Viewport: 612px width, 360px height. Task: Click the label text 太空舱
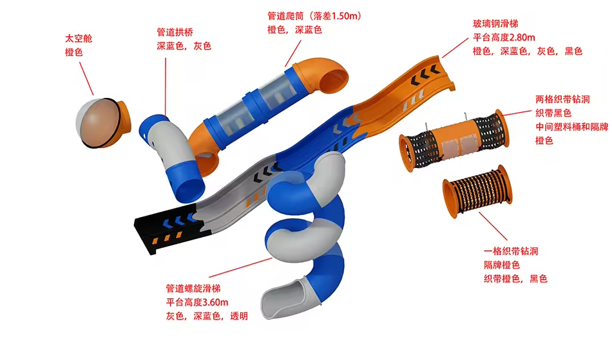pos(79,38)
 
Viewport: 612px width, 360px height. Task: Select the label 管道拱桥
pos(175,32)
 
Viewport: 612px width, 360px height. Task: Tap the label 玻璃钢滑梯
pos(495,24)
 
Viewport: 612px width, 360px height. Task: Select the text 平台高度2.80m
pos(504,37)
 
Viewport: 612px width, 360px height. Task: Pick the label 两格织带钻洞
pos(562,99)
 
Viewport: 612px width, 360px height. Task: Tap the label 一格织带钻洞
pos(511,251)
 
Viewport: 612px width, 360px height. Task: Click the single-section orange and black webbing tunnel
pos(477,191)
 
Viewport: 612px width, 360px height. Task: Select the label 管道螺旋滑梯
pos(193,289)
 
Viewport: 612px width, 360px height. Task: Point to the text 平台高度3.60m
pos(197,302)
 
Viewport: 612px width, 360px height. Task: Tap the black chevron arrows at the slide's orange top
pos(425,75)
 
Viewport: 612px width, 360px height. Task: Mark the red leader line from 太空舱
pos(86,79)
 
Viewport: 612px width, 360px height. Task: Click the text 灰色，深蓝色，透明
pos(207,316)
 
